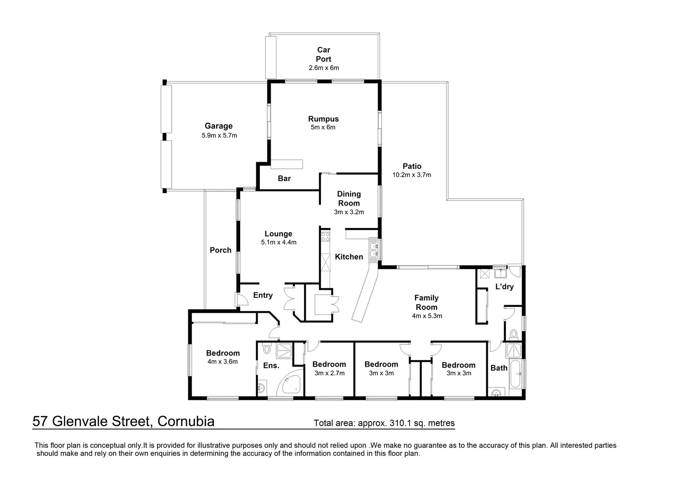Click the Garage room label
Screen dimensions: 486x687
pyautogui.click(x=219, y=126)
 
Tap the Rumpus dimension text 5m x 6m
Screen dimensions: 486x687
pyautogui.click(x=323, y=127)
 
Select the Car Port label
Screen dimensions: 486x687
pyautogui.click(x=323, y=54)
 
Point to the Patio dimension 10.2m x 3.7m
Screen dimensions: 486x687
pyautogui.click(x=411, y=175)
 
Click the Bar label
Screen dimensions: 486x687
pyautogui.click(x=284, y=179)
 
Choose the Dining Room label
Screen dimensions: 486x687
pyautogui.click(x=349, y=198)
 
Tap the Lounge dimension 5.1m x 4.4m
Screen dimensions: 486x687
pyautogui.click(x=278, y=242)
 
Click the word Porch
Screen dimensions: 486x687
pyautogui.click(x=220, y=250)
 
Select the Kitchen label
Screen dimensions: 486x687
pyautogui.click(x=349, y=257)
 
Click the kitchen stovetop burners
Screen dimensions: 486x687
pyautogui.click(x=325, y=237)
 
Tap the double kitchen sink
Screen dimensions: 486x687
pyautogui.click(x=374, y=250)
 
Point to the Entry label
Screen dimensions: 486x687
pyautogui.click(x=263, y=296)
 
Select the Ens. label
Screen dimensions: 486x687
pyautogui.click(x=271, y=366)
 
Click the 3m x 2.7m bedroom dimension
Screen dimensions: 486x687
pyautogui.click(x=329, y=373)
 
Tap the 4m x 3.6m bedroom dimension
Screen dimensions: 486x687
pyautogui.click(x=223, y=362)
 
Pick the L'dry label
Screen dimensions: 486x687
pyautogui.click(x=504, y=287)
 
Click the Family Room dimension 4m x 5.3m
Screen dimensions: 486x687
pyautogui.click(x=427, y=316)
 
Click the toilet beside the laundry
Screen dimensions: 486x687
pyautogui.click(x=513, y=334)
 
